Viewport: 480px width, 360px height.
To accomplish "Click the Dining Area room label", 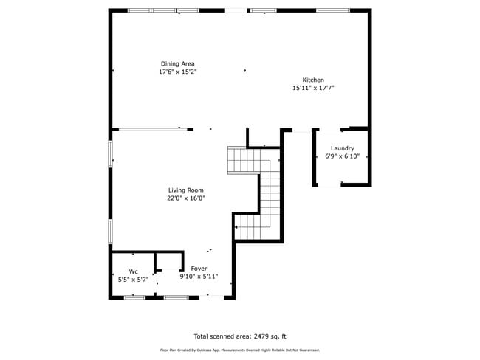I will (178, 63).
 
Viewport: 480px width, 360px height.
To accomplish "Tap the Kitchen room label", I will (313, 80).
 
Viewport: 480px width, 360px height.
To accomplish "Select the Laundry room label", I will (342, 148).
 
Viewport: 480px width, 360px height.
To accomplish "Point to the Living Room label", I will (185, 190).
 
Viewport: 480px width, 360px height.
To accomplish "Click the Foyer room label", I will (199, 269).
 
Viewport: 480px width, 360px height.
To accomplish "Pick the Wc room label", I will (133, 271).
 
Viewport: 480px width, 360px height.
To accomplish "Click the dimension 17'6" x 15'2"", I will (178, 72).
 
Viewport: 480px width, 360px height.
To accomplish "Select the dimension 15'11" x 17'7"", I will (313, 88).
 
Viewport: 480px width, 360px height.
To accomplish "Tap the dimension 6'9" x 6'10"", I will (342, 156).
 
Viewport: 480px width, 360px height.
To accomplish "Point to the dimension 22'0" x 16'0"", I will (185, 198).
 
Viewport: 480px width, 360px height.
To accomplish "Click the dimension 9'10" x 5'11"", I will (199, 277).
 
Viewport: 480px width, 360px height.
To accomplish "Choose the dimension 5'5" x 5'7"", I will (133, 280).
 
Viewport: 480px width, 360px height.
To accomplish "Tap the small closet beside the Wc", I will (169, 261).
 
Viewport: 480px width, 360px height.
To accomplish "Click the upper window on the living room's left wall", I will (111, 154).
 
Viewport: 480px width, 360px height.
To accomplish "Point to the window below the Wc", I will (134, 297).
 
